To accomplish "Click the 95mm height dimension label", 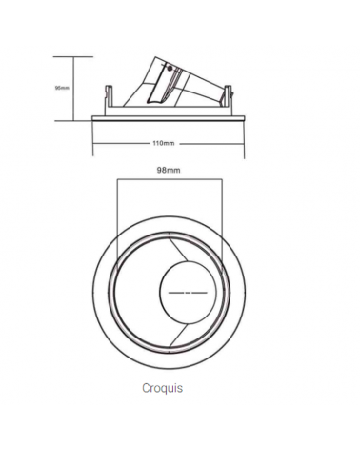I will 62,88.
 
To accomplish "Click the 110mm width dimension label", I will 163,143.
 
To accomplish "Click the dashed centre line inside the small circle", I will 191,292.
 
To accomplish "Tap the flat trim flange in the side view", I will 168,117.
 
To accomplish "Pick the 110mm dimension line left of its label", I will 119,143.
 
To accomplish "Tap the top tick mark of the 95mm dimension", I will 75,56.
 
